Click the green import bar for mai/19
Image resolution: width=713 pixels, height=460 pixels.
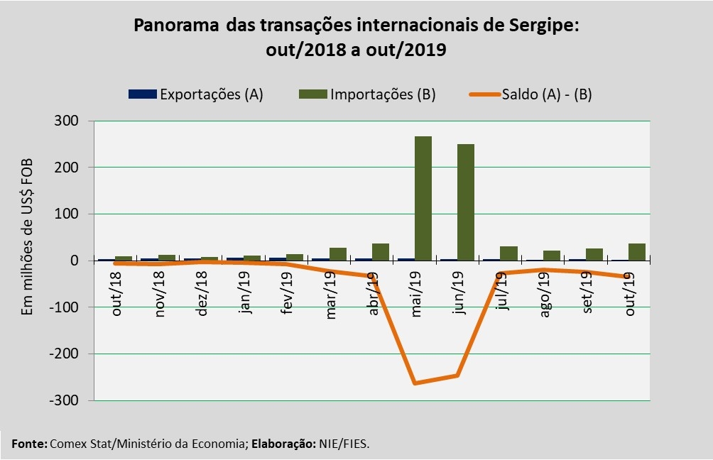click(423, 198)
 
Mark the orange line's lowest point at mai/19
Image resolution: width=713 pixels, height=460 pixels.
click(415, 383)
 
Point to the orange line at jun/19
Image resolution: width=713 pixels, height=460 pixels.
click(457, 376)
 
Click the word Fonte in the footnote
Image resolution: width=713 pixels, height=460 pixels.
click(29, 444)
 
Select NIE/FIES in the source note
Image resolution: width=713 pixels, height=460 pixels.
click(344, 444)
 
